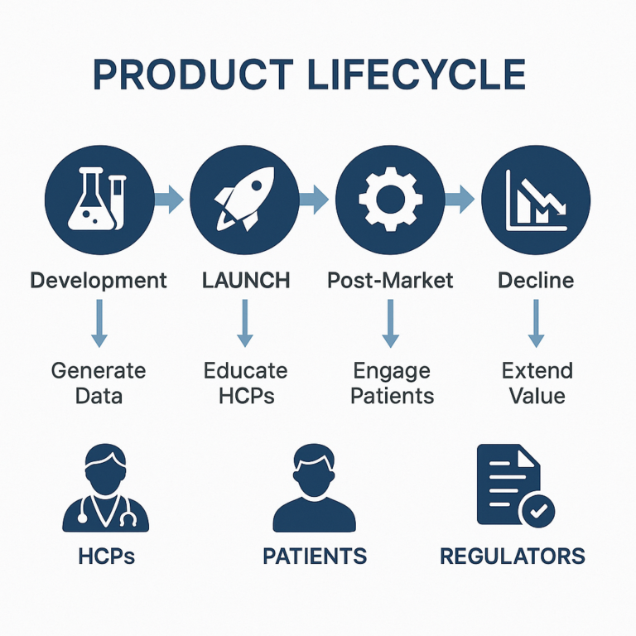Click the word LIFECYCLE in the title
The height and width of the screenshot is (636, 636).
417,75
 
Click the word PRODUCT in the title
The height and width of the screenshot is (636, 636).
193,75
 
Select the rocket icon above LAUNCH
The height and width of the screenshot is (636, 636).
243,199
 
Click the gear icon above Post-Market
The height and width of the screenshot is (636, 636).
390,199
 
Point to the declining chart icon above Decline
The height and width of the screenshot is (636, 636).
537,200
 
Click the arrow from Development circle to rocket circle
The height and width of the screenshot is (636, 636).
169,199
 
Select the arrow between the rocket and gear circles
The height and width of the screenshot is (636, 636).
314,199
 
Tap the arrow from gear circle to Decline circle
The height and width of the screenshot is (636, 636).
460,199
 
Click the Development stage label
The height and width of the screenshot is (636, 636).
99,281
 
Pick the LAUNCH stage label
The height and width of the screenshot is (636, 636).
246,280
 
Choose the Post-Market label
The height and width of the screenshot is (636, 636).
390,280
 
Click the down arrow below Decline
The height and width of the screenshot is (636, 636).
536,323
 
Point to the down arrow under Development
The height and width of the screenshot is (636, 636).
99,323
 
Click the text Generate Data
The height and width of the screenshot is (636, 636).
99,383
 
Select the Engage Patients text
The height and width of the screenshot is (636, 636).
393,383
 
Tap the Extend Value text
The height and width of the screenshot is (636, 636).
537,383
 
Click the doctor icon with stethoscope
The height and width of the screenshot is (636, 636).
105,488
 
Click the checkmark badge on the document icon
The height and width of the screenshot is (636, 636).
538,511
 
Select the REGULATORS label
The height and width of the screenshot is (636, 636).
513,556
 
